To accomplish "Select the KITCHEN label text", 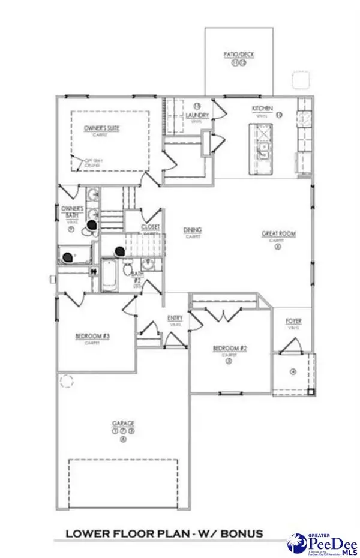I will pyautogui.click(x=262, y=109).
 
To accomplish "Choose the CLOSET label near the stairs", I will pyautogui.click(x=150, y=227).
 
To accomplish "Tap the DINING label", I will pyautogui.click(x=193, y=230).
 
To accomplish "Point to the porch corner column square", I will pyautogui.click(x=311, y=391).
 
